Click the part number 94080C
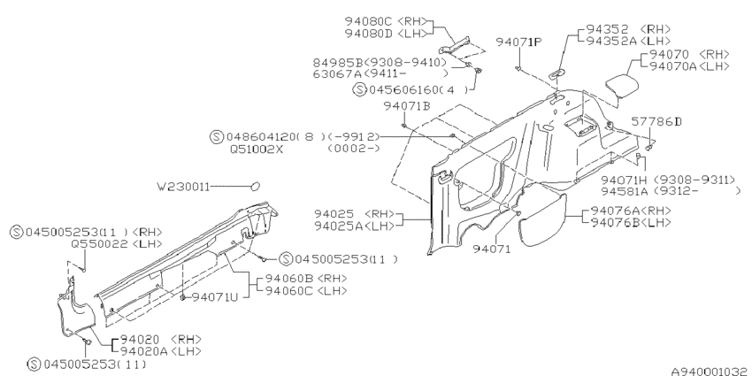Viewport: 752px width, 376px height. pos(369,21)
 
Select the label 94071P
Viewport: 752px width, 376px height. pos(519,42)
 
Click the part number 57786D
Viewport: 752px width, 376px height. pos(656,122)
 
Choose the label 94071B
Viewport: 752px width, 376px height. pos(407,106)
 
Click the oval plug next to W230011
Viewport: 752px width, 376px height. pos(255,186)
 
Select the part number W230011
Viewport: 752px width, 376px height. pos(183,186)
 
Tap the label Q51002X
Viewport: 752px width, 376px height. pos(257,150)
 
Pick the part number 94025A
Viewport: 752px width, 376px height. pos(339,226)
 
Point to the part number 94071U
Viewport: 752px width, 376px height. pos(215,297)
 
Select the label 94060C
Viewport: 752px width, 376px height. pos(289,291)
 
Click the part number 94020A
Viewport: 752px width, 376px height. pos(143,351)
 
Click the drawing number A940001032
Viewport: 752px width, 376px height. pos(709,372)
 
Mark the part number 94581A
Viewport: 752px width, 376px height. pos(625,191)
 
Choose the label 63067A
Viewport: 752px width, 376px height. pos(337,73)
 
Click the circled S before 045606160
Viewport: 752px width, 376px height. pos(360,89)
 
